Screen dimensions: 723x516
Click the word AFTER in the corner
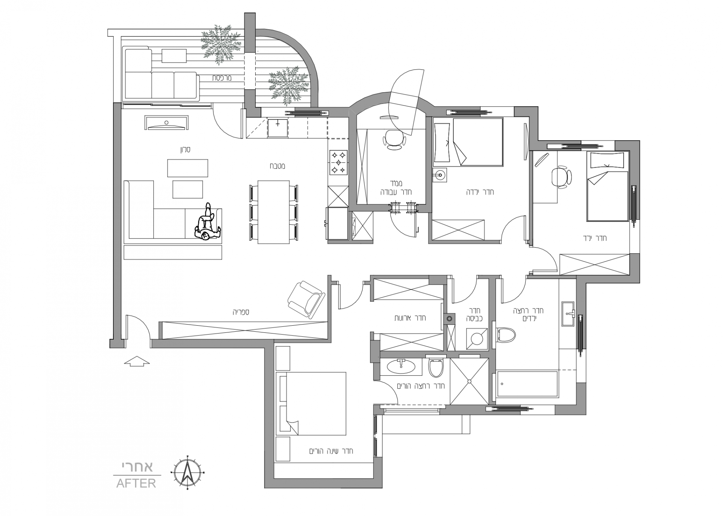(x=136, y=483)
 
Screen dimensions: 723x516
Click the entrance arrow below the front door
(x=137, y=361)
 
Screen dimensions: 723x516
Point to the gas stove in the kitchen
(x=338, y=163)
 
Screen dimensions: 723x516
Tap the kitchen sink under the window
(x=278, y=127)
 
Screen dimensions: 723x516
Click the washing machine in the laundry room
(x=477, y=338)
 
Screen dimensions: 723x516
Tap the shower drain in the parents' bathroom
(x=469, y=382)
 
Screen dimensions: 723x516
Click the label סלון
(x=185, y=150)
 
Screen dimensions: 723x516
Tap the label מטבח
(x=278, y=166)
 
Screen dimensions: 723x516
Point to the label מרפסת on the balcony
(x=221, y=78)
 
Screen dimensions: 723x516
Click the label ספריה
(x=241, y=312)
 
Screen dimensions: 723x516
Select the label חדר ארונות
(x=410, y=318)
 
